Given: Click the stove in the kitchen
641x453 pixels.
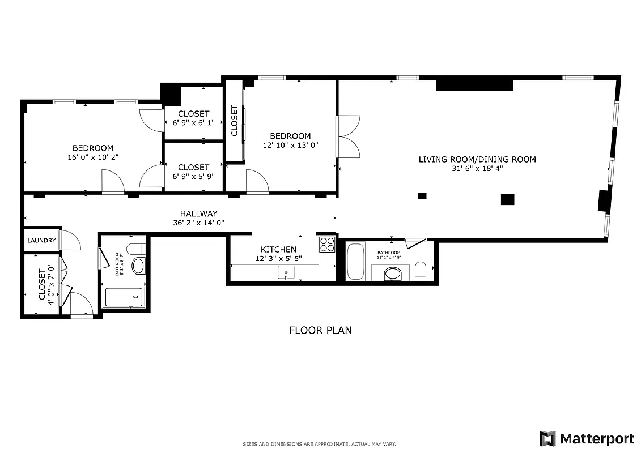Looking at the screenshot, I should coord(327,244).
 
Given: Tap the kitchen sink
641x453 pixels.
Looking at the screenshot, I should coord(286,273).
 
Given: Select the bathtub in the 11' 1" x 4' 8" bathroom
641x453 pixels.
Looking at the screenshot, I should coord(355,262).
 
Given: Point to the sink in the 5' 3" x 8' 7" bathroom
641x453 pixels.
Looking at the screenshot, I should coord(138,266).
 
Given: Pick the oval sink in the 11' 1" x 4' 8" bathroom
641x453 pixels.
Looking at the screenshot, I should coord(392,275).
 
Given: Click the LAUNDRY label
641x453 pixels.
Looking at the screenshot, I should coord(42,241).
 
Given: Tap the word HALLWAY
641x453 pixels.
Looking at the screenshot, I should coord(198,213).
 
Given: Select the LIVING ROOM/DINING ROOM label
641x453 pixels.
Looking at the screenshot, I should coord(477,159).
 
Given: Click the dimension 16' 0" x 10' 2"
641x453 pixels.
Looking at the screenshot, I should coord(92,157).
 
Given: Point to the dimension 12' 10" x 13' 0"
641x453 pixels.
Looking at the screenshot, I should coord(290,144).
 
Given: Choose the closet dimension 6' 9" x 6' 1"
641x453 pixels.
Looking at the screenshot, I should coord(193,122).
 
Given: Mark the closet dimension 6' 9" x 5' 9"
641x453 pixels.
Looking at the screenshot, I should coord(193,176).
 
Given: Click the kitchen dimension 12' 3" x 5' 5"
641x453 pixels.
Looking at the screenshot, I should coord(278,258).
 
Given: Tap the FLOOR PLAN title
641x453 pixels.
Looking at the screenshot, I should coord(320,330).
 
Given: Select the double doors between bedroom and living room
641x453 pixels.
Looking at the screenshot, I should coord(348,136).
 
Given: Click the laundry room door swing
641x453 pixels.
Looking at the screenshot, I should coord(70,241).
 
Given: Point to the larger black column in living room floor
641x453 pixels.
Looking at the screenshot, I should coord(507,199).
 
